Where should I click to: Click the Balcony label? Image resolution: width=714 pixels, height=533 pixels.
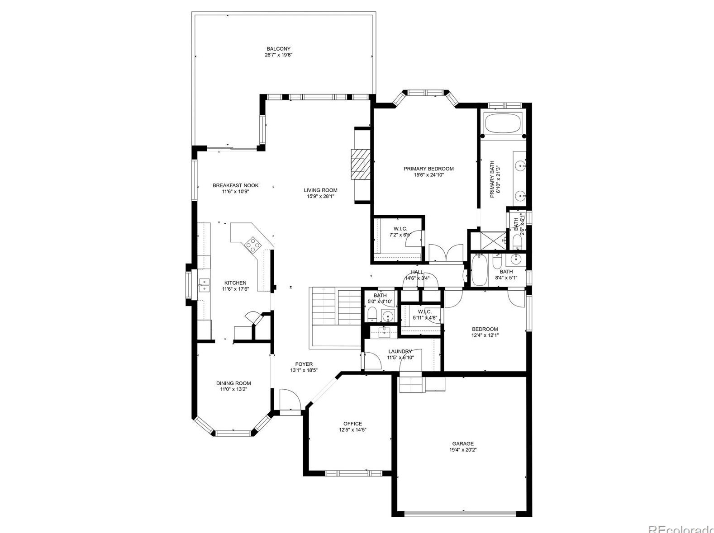point(278,49)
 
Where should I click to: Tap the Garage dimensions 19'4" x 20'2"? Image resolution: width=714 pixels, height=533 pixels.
point(462,450)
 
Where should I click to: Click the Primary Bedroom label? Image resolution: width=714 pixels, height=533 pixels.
point(428,169)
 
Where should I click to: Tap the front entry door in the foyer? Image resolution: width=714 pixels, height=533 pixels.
point(290,401)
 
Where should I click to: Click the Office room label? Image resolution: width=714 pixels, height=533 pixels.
point(352,424)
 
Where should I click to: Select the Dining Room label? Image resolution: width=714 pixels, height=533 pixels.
point(233,383)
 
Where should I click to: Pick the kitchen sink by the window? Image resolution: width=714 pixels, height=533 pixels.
point(204,285)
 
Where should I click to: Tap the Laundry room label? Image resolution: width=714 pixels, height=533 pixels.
point(400,351)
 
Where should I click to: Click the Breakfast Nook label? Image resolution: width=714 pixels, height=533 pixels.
point(235,185)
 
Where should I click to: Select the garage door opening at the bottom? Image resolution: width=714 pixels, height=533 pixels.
point(460,513)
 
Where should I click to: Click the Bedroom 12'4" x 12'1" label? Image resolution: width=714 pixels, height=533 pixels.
point(485,329)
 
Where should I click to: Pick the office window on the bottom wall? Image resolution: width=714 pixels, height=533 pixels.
point(353,473)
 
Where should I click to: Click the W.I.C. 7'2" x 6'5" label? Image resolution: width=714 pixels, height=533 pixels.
point(400,229)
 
